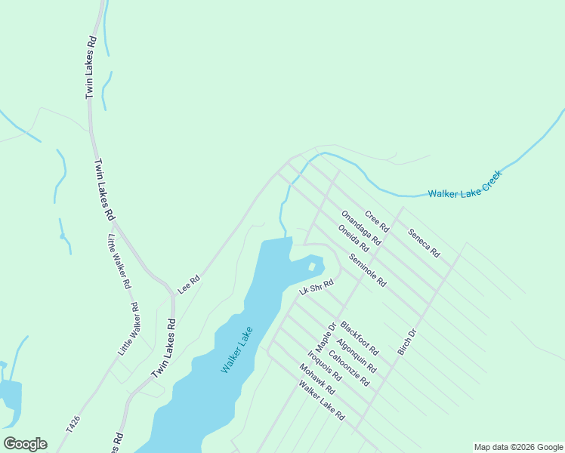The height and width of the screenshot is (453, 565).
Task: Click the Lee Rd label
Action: point(188,284)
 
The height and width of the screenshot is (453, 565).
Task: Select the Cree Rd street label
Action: point(376,221)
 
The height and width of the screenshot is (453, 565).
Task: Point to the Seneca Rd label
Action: point(424,242)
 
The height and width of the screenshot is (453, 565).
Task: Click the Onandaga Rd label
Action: point(361,228)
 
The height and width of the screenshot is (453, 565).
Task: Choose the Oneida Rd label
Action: point(354,239)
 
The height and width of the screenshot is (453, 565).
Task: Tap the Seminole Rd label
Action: point(367,270)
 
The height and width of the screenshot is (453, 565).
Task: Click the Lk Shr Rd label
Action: point(316,288)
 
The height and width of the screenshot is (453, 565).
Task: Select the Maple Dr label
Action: point(325,337)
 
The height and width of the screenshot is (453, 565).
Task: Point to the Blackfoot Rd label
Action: point(359,338)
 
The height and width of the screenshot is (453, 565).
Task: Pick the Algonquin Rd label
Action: point(357,353)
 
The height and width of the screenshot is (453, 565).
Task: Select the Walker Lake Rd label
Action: point(321,401)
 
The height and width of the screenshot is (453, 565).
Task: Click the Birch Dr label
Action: point(407,343)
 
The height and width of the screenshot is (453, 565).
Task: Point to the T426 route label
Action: point(73,424)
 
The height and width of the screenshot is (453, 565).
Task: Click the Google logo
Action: point(25,444)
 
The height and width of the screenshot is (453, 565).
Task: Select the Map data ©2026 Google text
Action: point(518,447)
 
